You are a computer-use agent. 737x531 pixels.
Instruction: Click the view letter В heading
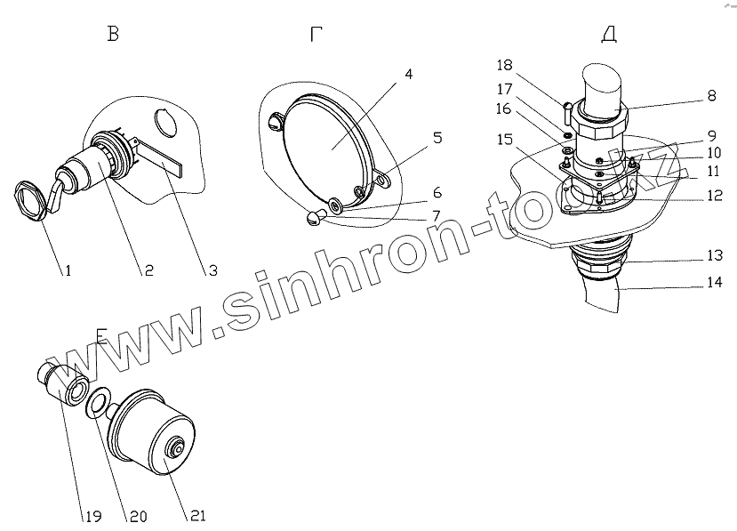coord(112,36)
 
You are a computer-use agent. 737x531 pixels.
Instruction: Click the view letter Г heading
coord(316,36)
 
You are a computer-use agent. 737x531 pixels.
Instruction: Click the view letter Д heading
coord(609,36)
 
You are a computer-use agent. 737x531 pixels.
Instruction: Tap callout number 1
coord(67,270)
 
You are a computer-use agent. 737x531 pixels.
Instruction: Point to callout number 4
coord(407,74)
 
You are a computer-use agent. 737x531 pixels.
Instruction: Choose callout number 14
coord(714,284)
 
